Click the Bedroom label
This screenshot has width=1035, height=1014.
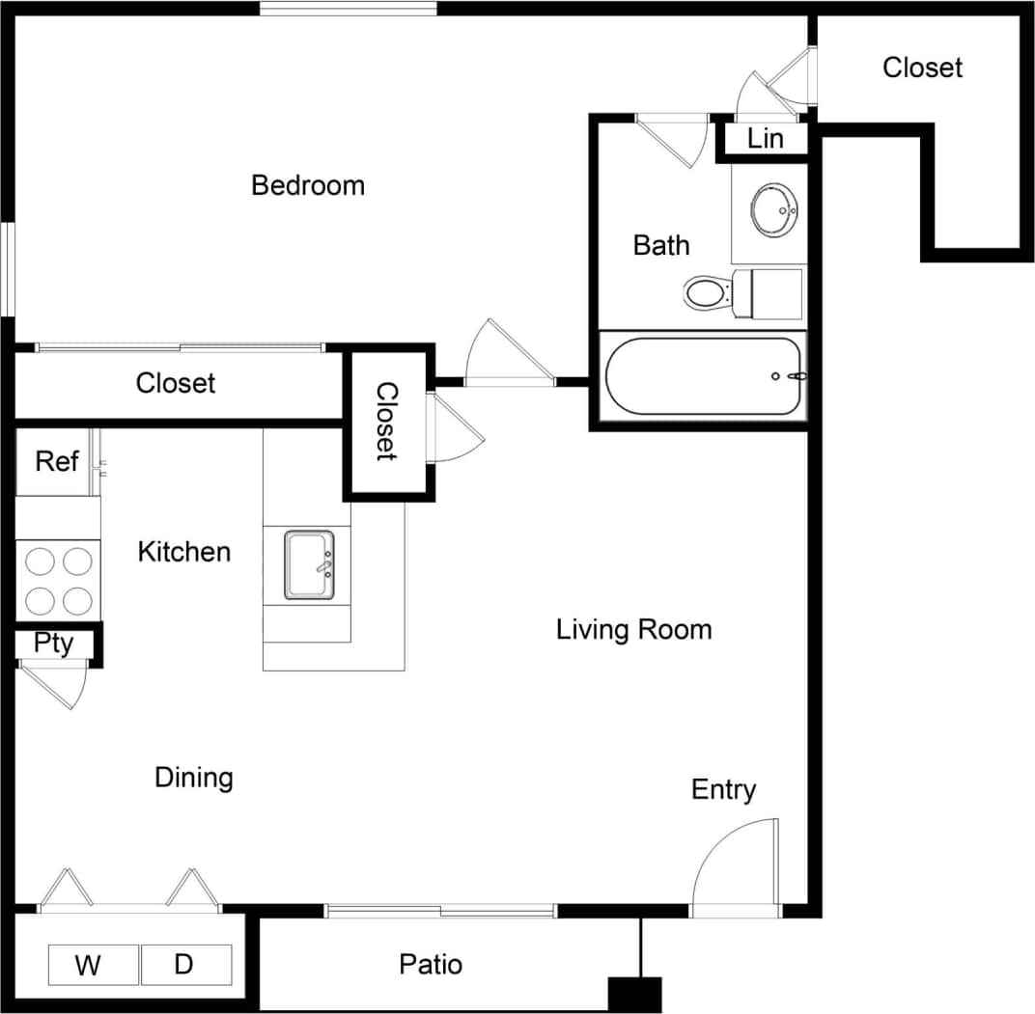308,185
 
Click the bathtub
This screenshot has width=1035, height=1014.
704,375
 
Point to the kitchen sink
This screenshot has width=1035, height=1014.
309,564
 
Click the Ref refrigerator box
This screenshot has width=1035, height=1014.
57,461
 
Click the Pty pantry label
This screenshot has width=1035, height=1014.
54,644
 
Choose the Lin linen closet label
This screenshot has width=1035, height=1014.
766,139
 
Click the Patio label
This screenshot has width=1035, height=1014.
431,964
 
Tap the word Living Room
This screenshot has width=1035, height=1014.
634,630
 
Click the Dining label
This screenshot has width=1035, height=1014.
194,778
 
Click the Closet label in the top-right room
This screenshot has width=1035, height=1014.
923,68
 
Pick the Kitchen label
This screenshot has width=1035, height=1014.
184,552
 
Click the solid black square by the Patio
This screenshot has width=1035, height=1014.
634,995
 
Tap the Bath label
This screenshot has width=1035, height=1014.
661,245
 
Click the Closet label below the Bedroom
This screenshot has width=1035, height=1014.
176,383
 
